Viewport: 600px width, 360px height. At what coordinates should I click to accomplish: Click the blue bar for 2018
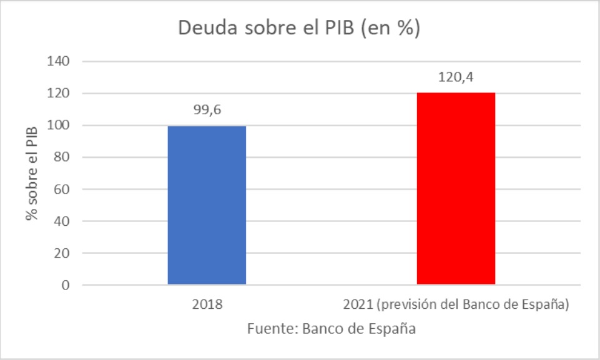207,206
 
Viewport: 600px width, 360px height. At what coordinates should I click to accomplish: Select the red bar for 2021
455,189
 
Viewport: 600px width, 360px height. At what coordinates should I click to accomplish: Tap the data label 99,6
207,110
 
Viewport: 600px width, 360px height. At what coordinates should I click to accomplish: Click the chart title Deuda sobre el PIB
298,29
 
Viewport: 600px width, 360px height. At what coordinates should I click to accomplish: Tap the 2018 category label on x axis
207,306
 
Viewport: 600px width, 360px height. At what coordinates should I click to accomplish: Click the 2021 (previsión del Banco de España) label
456,306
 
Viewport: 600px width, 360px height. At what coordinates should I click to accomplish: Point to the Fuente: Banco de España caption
331,329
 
